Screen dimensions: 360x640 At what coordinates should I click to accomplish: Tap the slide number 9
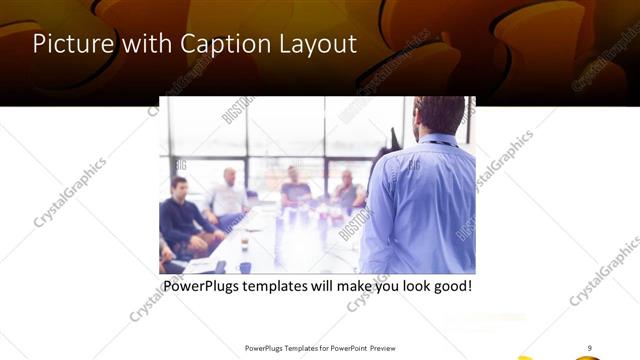(590, 348)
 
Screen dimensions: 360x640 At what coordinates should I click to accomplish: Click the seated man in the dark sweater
(181, 214)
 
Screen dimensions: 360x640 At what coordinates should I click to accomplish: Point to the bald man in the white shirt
(229, 196)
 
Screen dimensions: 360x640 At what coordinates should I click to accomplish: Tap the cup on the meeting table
(244, 242)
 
